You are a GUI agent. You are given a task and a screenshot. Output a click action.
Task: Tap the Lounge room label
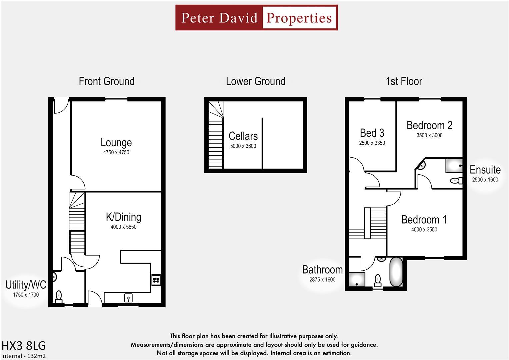116,143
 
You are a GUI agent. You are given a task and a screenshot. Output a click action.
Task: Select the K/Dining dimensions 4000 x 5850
123,227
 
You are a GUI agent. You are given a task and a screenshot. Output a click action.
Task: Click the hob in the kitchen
156,280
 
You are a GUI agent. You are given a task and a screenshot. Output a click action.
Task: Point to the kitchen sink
128,298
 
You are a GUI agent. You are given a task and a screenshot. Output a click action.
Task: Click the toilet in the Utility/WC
59,297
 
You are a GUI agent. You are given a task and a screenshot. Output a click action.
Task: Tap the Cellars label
243,136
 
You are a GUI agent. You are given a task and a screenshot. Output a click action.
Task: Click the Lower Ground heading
256,81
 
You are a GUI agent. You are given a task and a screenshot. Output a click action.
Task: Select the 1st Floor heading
404,81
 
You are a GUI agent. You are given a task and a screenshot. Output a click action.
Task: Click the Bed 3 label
372,133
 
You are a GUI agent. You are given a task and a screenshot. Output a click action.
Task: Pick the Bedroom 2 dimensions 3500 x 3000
429,135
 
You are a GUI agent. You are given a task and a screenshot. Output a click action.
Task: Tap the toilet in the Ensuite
456,181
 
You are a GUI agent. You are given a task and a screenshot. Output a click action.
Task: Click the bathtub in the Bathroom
396,272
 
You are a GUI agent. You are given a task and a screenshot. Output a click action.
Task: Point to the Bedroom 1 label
424,220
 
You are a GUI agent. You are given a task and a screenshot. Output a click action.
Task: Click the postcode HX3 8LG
24,346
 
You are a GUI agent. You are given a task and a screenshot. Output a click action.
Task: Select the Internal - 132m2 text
23,356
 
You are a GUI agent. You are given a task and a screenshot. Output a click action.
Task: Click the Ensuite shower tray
454,166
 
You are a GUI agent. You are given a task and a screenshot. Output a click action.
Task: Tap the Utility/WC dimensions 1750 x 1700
26,295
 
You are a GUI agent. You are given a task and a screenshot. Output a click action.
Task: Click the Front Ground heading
107,81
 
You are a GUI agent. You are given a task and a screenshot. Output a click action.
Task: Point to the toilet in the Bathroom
378,281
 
